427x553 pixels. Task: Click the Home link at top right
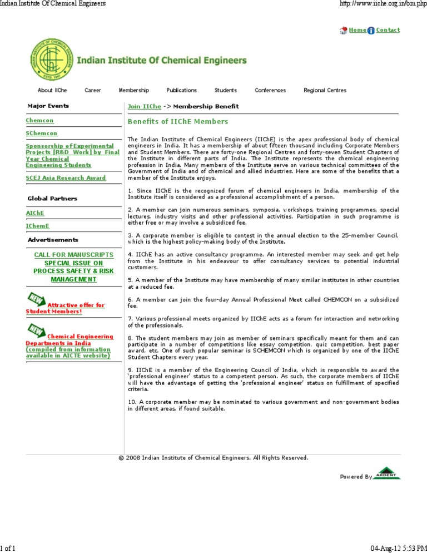357,30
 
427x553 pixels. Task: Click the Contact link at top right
388,30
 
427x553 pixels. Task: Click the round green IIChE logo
51,61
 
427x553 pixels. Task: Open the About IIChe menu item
52,90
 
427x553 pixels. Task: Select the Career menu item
92,90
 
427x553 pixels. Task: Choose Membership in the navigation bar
133,90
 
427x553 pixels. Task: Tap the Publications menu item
181,90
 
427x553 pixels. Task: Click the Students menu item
226,90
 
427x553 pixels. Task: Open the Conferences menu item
270,90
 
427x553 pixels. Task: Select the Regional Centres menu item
325,90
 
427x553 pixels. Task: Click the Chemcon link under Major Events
40,120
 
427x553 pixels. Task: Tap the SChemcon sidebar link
42,134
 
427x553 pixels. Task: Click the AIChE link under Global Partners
36,213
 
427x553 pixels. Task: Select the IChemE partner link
38,226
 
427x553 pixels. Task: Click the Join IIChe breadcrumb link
144,106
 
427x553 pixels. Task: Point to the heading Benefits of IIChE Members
177,121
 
